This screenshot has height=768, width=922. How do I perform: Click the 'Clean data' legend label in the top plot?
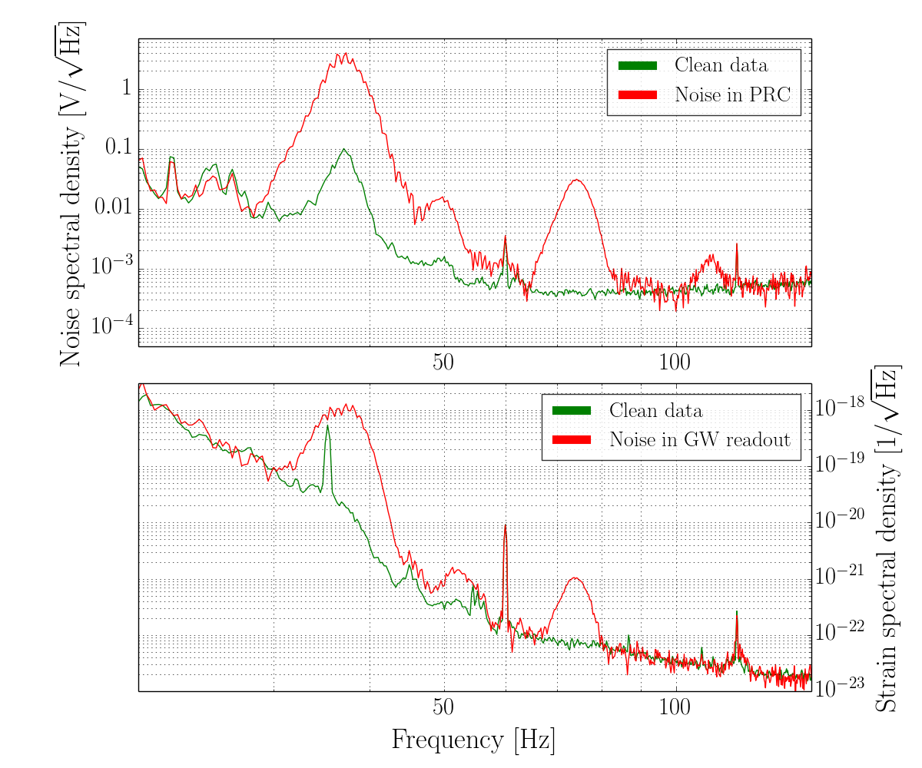(x=721, y=65)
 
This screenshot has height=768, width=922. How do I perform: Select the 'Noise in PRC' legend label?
(x=733, y=94)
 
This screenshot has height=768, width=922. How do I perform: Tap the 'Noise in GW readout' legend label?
(x=700, y=439)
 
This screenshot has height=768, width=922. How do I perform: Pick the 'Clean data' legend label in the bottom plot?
(x=655, y=410)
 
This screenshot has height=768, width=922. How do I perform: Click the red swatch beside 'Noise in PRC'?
(x=638, y=94)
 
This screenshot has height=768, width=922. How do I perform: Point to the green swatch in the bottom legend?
(x=572, y=410)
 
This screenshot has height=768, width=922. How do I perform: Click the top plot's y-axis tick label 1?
(x=126, y=88)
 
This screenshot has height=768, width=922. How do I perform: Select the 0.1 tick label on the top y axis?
(x=118, y=147)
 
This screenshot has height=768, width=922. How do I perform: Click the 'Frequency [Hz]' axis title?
(x=473, y=740)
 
